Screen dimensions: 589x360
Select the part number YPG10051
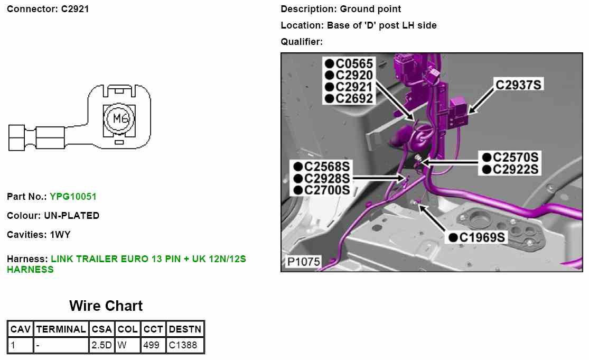point(73,197)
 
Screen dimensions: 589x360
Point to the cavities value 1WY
point(60,234)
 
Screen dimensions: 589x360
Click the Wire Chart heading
point(106,306)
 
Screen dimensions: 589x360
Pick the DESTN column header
point(185,329)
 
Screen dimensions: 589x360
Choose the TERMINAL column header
point(61,329)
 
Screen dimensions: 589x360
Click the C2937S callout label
point(518,84)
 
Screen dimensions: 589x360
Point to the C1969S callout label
point(481,237)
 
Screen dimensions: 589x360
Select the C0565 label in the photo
point(354,64)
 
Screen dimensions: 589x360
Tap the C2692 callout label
point(354,98)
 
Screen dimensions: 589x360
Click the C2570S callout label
point(515,158)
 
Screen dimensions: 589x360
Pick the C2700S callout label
point(327,190)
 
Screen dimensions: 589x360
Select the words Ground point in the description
point(370,9)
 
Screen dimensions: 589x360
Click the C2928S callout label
point(327,179)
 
